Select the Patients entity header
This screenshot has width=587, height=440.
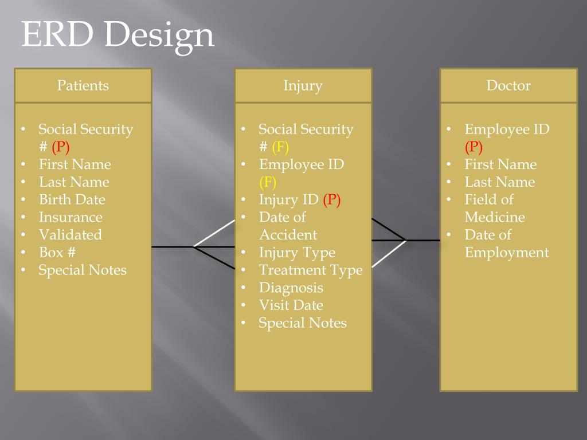(83, 86)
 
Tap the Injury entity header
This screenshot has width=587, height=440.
(303, 86)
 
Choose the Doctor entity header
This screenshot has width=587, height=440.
(508, 86)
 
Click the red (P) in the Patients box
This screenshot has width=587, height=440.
(60, 147)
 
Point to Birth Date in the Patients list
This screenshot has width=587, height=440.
(72, 200)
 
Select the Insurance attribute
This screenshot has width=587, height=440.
(71, 218)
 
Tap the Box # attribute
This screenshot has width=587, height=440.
(57, 253)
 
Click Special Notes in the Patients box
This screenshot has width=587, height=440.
(83, 270)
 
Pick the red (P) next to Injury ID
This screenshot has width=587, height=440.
(332, 200)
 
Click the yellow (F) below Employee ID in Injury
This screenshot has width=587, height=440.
(268, 183)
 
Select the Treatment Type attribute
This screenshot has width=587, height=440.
(311, 270)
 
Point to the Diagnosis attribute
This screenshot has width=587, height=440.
(291, 288)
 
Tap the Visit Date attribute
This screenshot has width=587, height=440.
(291, 305)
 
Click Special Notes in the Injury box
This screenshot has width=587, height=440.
(303, 323)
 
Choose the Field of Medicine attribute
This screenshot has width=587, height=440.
(494, 209)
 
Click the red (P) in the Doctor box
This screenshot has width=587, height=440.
(473, 147)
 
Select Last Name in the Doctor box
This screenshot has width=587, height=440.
(500, 182)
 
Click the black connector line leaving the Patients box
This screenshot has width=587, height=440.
(172, 247)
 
